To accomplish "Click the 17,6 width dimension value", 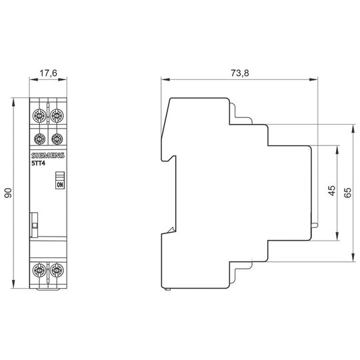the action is click(48, 73).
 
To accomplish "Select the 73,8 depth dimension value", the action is click(240, 73).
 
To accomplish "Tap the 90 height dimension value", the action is click(8, 193).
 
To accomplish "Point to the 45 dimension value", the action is click(332, 191).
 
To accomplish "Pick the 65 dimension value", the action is click(348, 193).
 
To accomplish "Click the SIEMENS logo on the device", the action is click(48, 155).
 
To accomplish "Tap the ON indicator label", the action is click(60, 185).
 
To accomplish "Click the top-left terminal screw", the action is click(39, 115).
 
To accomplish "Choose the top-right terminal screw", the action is click(57, 115).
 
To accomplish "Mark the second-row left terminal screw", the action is click(39, 139).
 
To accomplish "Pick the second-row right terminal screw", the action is click(57, 139).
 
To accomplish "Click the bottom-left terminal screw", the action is click(39, 270).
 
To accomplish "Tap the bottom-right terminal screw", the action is click(57, 270).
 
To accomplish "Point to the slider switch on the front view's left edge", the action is click(34, 225).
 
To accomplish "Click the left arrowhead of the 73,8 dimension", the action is click(165, 79).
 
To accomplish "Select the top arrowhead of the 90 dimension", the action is click(13, 102).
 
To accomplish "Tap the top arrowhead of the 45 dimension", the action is click(337, 150).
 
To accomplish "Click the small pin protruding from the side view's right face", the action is click(315, 225).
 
